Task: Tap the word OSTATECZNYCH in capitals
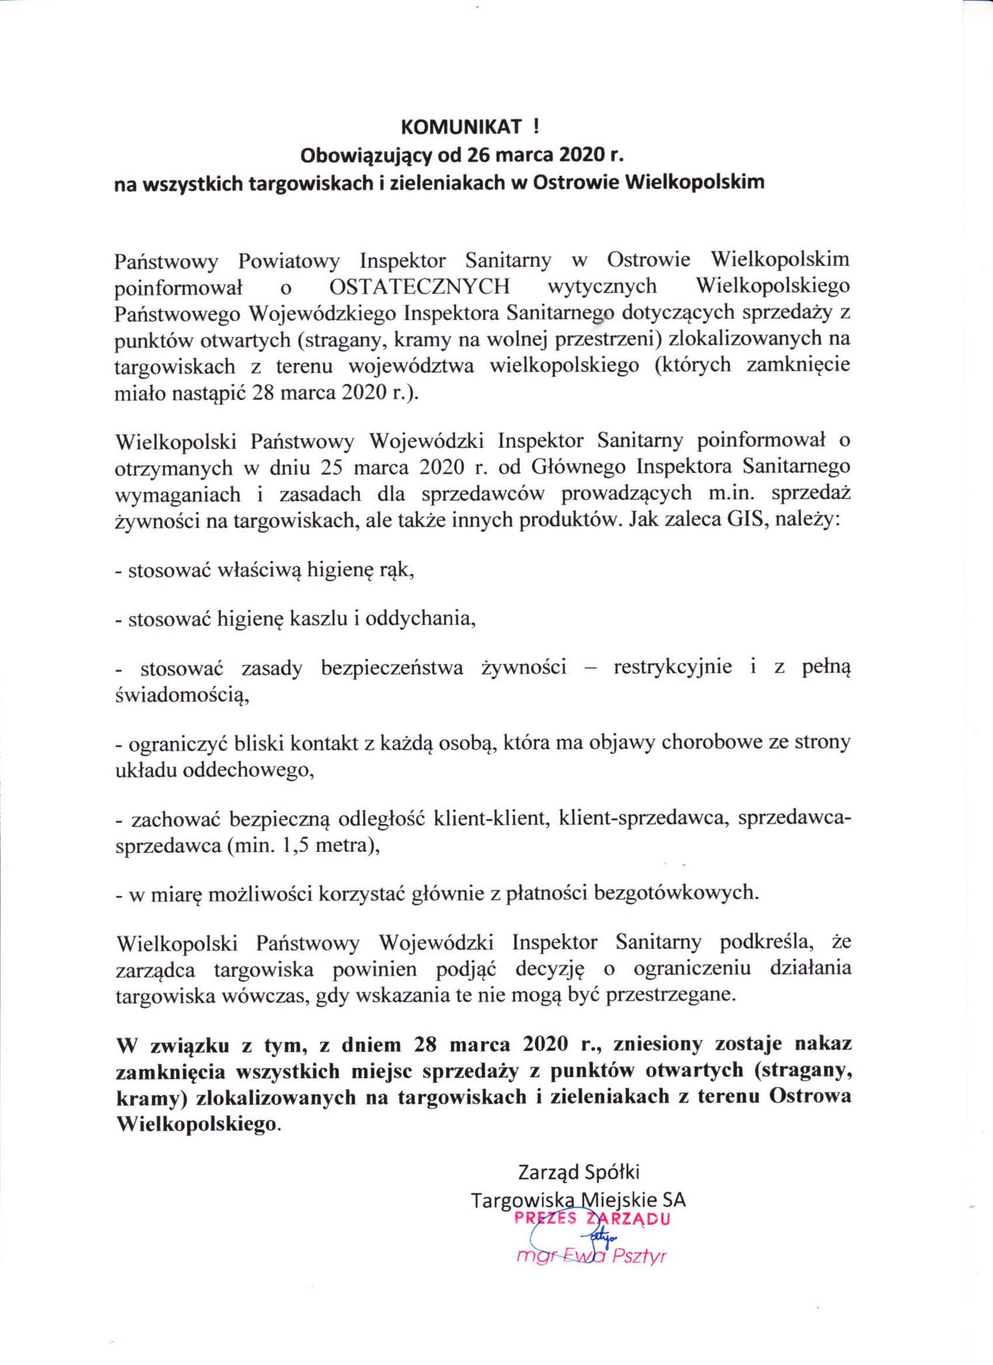[x=419, y=287]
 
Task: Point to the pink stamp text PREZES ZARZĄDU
[x=591, y=1219]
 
